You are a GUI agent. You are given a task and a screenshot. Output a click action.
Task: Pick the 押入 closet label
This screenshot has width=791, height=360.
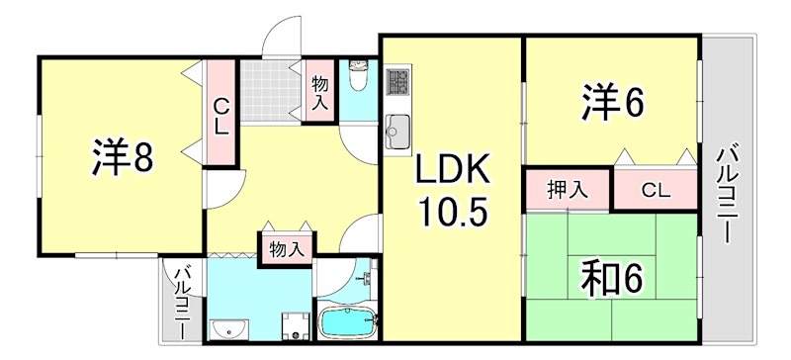pyautogui.click(x=568, y=189)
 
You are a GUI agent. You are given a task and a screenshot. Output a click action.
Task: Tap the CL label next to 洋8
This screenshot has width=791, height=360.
pyautogui.click(x=221, y=116)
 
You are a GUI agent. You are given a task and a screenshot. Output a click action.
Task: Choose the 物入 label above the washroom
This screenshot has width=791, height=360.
pyautogui.click(x=286, y=249)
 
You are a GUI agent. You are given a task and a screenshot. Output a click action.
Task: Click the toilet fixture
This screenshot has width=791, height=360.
pyautogui.click(x=358, y=76)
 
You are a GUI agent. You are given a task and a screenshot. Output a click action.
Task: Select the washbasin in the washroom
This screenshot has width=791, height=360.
pyautogui.click(x=231, y=328)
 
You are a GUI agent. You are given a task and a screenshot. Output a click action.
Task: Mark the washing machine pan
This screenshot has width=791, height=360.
pyautogui.click(x=293, y=323)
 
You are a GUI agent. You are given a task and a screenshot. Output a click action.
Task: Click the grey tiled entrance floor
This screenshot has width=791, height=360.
pyautogui.click(x=271, y=88)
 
